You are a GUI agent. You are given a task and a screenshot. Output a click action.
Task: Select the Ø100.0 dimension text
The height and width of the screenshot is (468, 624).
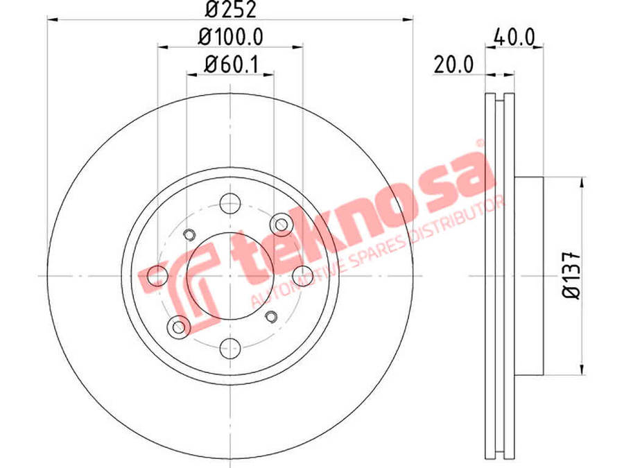(x=231, y=37)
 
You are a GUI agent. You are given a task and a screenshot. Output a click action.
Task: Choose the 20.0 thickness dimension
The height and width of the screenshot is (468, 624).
(x=453, y=64)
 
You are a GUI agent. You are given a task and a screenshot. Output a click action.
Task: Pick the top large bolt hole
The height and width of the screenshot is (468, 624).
(x=230, y=204)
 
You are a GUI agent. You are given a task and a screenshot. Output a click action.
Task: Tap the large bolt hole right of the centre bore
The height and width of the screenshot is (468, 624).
(x=302, y=275)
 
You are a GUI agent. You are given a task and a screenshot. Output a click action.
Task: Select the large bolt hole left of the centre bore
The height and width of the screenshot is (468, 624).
(x=158, y=275)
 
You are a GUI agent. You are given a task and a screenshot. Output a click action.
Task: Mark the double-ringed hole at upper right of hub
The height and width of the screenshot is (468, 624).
(x=281, y=224)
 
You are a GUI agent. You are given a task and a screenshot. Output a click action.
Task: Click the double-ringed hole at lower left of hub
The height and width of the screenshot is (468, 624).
(x=179, y=326)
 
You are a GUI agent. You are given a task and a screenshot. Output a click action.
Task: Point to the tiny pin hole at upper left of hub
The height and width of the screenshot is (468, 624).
(x=189, y=234)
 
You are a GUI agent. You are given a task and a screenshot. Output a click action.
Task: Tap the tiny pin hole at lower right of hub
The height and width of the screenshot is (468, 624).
(x=272, y=317)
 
